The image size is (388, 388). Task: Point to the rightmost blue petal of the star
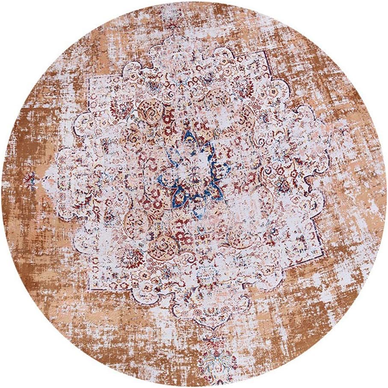point(222,169)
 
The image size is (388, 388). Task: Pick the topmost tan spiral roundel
point(150,107)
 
